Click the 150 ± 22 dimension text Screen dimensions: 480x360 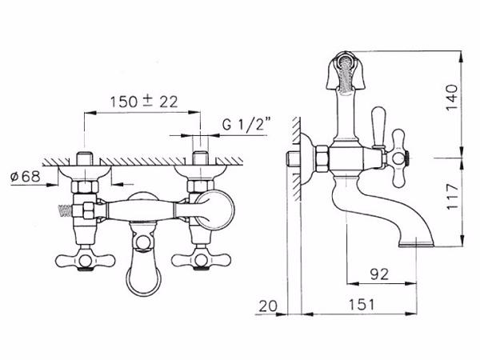(144, 102)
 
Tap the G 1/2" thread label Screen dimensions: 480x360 (246, 124)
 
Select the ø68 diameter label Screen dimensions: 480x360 (25, 177)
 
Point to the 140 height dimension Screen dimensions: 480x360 (452, 98)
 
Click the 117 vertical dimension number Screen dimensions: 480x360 (452, 197)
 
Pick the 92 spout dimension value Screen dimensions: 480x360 (379, 274)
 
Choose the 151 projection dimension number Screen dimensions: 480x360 (362, 305)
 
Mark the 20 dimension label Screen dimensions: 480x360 (268, 306)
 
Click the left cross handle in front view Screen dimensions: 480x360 (85, 261)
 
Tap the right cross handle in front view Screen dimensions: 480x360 (201, 261)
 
